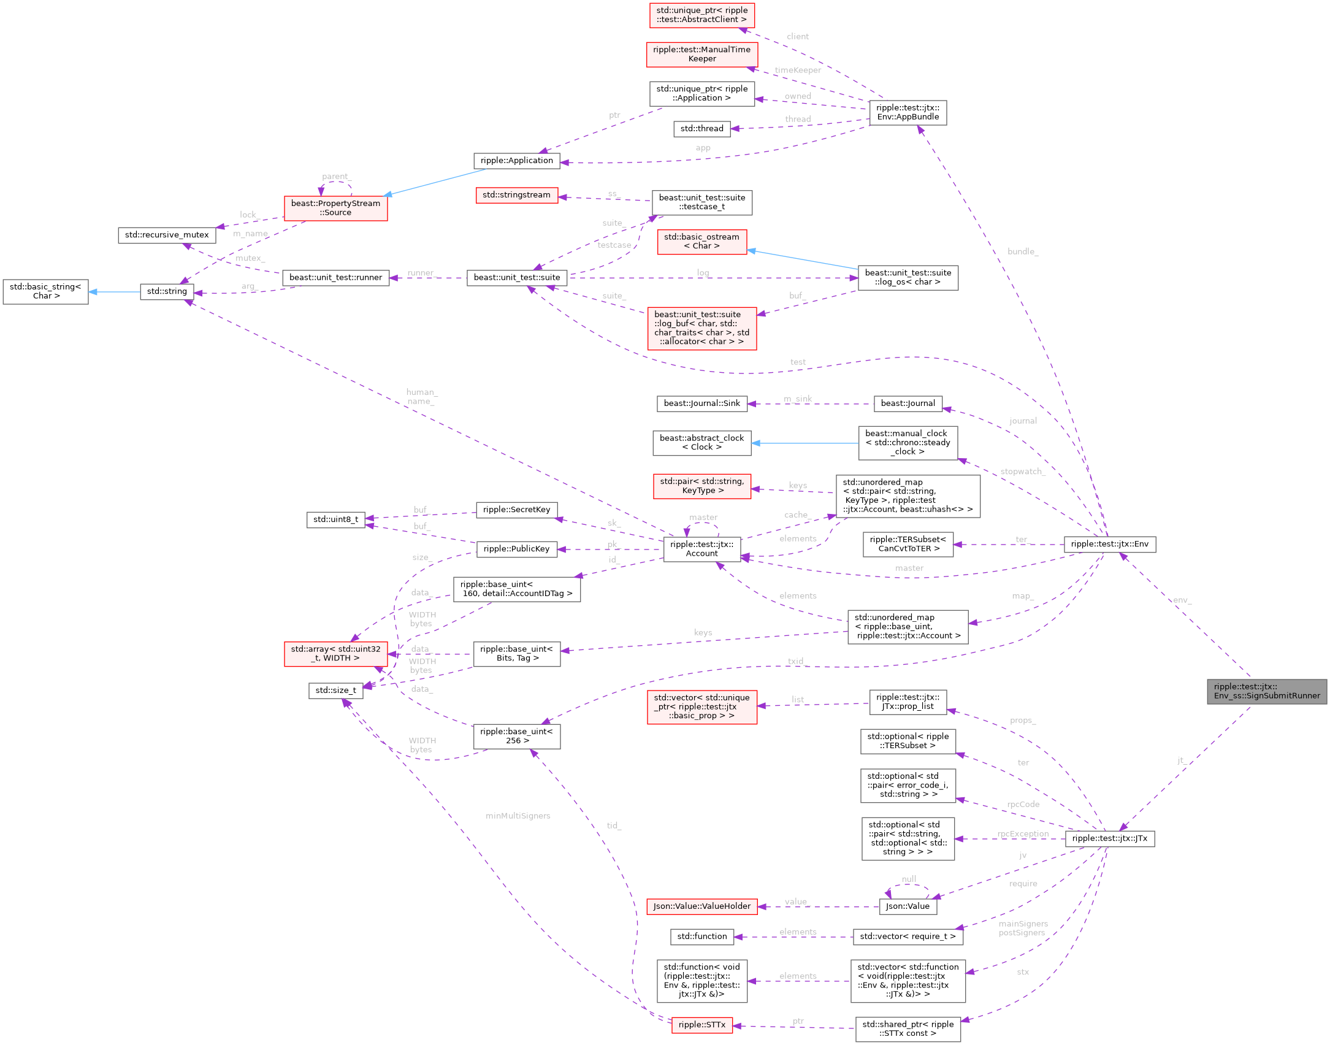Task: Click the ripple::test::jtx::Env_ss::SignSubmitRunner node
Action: pos(1267,691)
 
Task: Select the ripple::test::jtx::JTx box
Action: pos(1109,838)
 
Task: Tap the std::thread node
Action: pos(701,128)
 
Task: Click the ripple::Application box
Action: pos(516,161)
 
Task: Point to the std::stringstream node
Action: pos(516,195)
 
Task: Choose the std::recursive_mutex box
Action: pos(167,235)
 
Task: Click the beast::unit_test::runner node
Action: pos(335,278)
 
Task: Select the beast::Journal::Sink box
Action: pos(701,404)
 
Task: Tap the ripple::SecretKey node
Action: pos(516,510)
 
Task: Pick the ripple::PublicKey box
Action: pos(516,549)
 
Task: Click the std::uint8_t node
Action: pos(335,519)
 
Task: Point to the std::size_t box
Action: pos(335,691)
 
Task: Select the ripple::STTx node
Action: pos(701,1025)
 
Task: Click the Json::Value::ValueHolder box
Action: pos(701,906)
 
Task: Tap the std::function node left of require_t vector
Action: pos(701,936)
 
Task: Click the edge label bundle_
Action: pos(1023,251)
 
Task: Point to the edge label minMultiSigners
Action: pos(518,816)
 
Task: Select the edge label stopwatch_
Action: pos(1022,472)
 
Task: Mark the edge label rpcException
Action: pos(1022,834)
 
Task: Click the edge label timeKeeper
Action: pos(797,70)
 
